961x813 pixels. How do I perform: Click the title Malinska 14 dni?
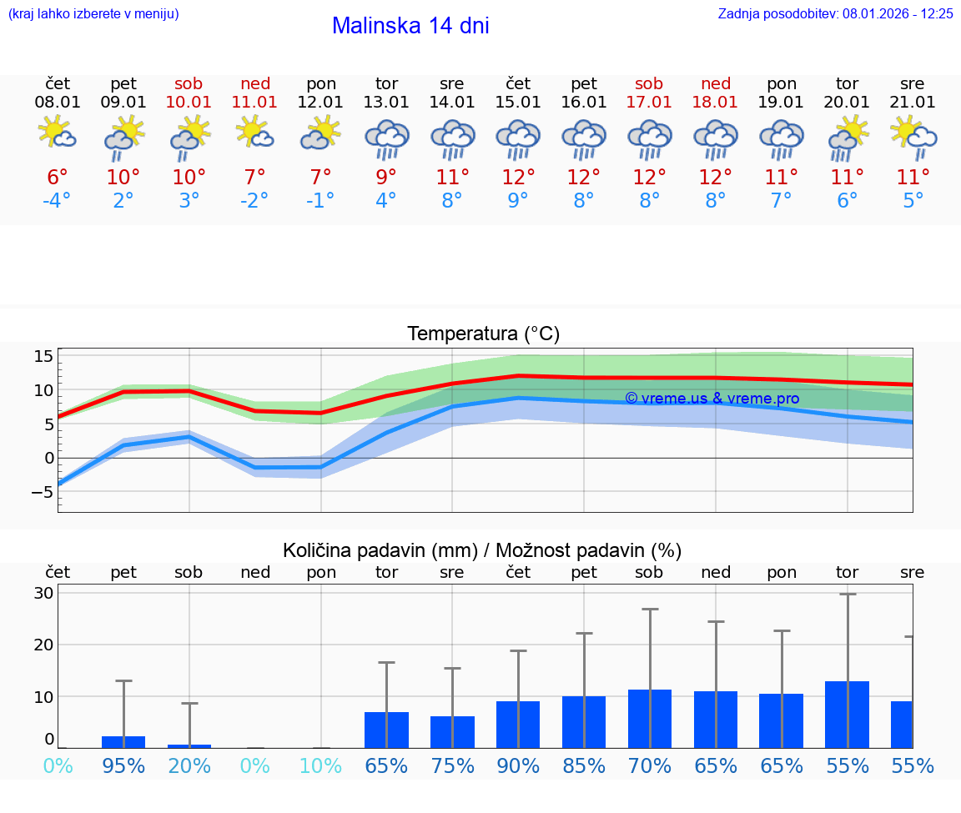point(410,26)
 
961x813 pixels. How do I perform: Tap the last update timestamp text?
point(835,13)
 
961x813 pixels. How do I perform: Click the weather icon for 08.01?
point(58,133)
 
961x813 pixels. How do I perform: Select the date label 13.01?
point(386,103)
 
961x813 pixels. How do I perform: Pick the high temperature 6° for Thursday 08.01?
point(58,177)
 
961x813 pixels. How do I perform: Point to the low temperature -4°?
point(58,201)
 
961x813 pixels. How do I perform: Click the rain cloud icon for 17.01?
point(649,138)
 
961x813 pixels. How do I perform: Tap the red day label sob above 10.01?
point(189,83)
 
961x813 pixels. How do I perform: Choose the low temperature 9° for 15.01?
point(518,201)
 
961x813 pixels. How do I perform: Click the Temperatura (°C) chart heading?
point(483,334)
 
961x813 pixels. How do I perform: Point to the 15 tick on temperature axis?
point(43,357)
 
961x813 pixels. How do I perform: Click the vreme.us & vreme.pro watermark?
point(712,399)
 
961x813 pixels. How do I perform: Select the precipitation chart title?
point(482,550)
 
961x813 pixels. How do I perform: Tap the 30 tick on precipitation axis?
point(43,594)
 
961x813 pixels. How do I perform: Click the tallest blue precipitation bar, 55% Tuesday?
point(847,715)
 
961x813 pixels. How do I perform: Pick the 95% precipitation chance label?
point(123,765)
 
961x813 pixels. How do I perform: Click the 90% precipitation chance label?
point(518,765)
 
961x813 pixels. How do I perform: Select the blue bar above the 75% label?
point(452,731)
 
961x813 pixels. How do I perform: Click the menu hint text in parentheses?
point(93,13)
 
